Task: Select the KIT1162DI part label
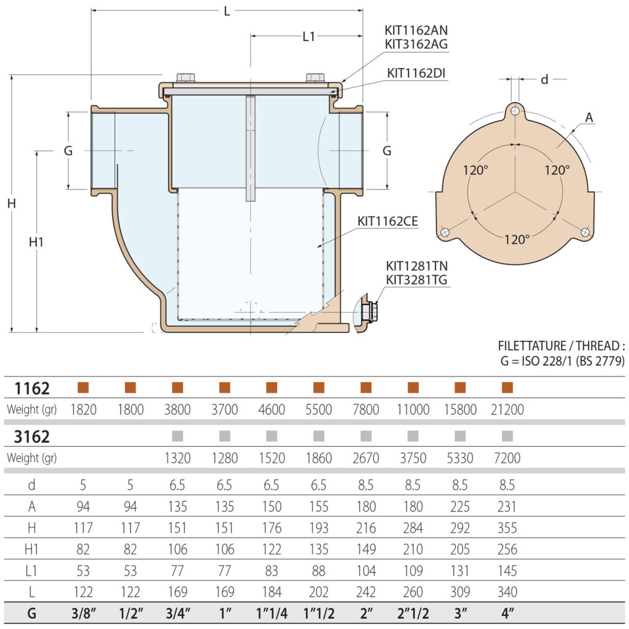[416, 72]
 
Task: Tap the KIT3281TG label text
[416, 280]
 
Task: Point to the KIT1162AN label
[416, 29]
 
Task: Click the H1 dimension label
[36, 242]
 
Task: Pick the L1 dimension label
[308, 36]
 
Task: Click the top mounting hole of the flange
[515, 111]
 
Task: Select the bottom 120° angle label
[517, 239]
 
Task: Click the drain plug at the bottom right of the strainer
[369, 312]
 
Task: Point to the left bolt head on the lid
[185, 78]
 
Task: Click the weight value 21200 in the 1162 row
[507, 410]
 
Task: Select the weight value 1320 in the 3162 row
[178, 458]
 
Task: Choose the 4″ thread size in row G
[507, 613]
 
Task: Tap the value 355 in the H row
[507, 528]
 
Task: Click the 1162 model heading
[31, 388]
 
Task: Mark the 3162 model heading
[31, 437]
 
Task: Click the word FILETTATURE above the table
[533, 346]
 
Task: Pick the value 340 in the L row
[507, 592]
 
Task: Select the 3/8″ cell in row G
[83, 613]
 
